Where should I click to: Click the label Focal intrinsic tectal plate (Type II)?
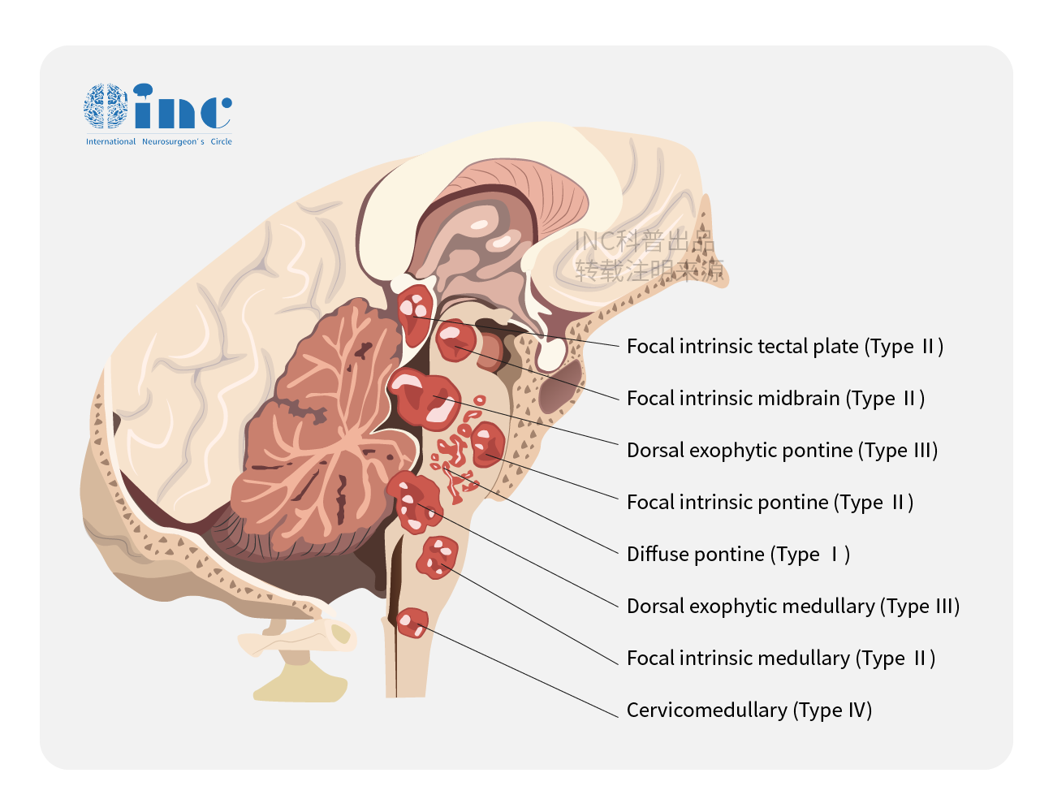[x=784, y=347]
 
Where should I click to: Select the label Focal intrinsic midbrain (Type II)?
[x=775, y=399]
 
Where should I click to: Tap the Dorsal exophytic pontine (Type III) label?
[x=782, y=451]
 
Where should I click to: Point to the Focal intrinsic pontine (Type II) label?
[x=770, y=503]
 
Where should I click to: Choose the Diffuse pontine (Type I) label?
[x=738, y=555]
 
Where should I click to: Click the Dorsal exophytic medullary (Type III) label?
[x=792, y=607]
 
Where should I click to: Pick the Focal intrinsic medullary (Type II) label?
[x=780, y=659]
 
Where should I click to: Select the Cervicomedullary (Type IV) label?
[x=749, y=710]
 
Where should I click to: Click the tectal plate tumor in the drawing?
[x=416, y=309]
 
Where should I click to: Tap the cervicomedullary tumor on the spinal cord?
[x=412, y=623]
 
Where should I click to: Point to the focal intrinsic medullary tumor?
[x=437, y=557]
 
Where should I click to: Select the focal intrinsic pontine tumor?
[x=487, y=443]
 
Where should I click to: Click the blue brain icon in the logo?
[x=106, y=106]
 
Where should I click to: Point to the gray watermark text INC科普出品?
[x=644, y=242]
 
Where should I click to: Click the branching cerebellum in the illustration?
[x=325, y=438]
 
